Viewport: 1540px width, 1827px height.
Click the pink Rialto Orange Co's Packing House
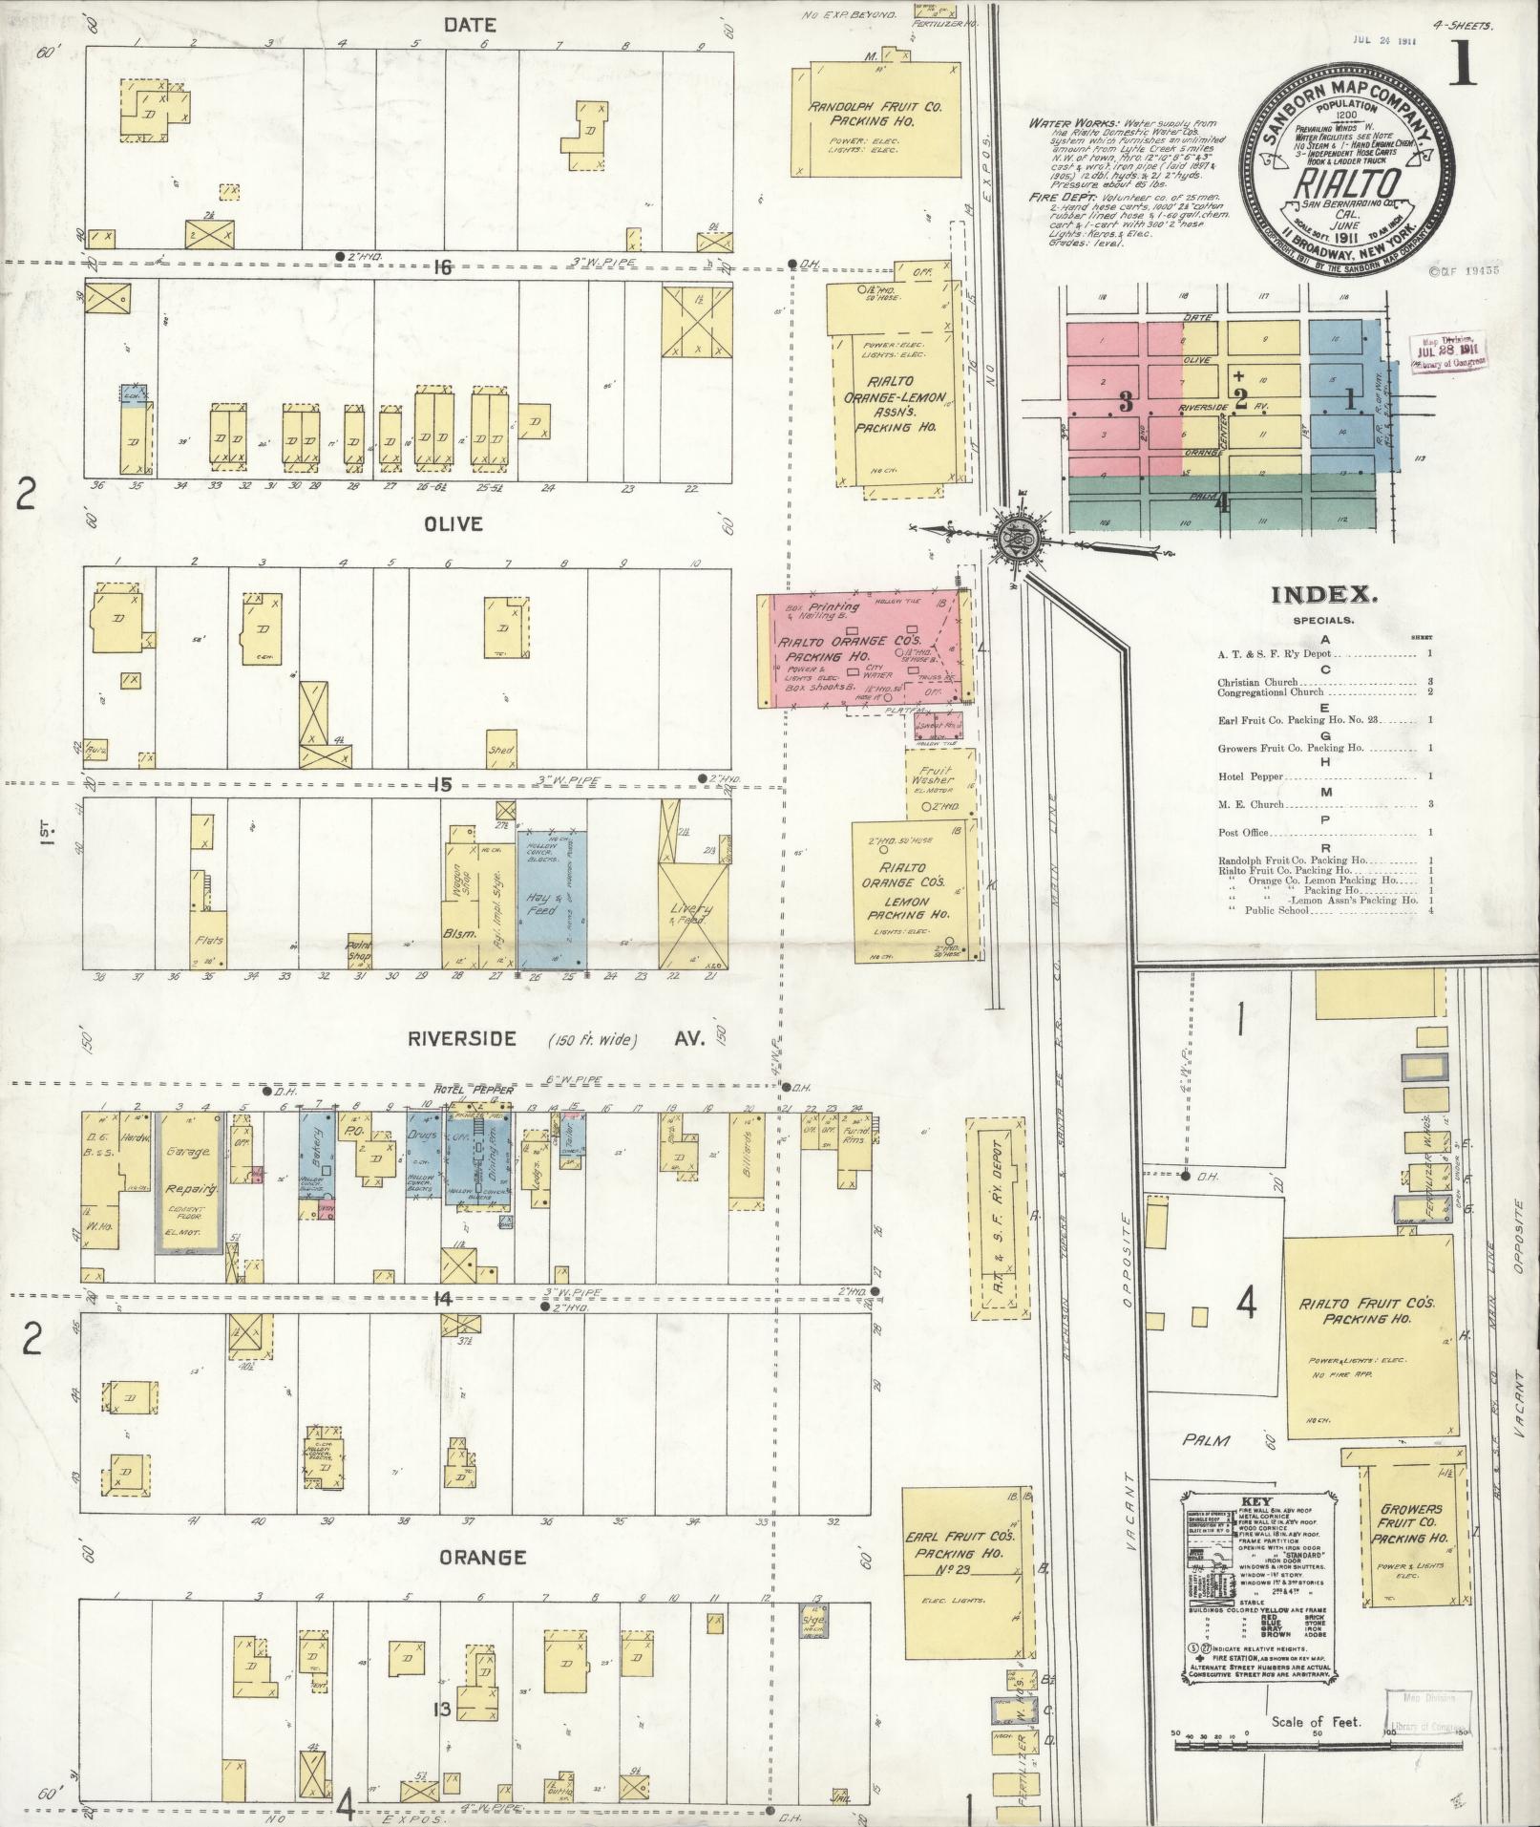[859, 649]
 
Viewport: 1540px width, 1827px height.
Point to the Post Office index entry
[1243, 833]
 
